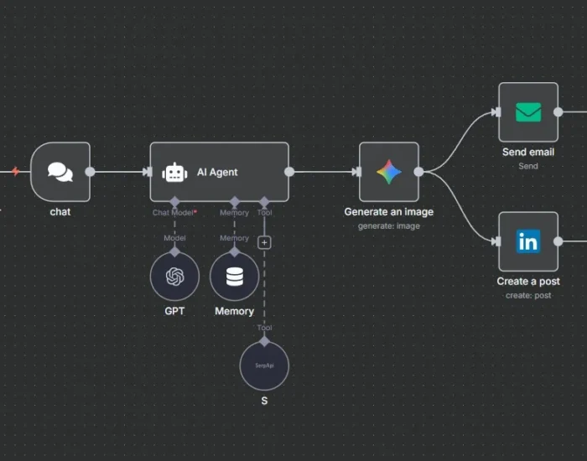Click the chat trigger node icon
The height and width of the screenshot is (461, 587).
click(60, 172)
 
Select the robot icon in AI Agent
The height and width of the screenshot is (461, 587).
click(174, 172)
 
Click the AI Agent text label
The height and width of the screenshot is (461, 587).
click(217, 172)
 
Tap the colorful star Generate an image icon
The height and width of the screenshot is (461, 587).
click(388, 172)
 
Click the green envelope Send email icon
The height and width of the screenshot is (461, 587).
click(528, 112)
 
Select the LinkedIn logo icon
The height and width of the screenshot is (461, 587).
click(528, 242)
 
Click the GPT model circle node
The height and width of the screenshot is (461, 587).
click(174, 277)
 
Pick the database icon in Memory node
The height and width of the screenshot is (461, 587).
click(234, 277)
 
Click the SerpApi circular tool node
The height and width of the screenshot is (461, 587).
click(264, 366)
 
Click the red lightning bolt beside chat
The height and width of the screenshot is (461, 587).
click(15, 172)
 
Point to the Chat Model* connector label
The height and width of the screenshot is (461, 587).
click(174, 213)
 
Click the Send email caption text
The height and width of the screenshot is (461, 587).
click(528, 153)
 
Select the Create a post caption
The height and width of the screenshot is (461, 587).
click(528, 282)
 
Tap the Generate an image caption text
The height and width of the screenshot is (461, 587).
click(388, 212)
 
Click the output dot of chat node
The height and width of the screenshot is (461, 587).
click(90, 172)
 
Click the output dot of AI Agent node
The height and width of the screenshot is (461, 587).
click(289, 172)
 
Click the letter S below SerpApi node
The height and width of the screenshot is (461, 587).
click(264, 401)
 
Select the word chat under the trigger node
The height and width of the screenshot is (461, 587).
click(60, 212)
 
